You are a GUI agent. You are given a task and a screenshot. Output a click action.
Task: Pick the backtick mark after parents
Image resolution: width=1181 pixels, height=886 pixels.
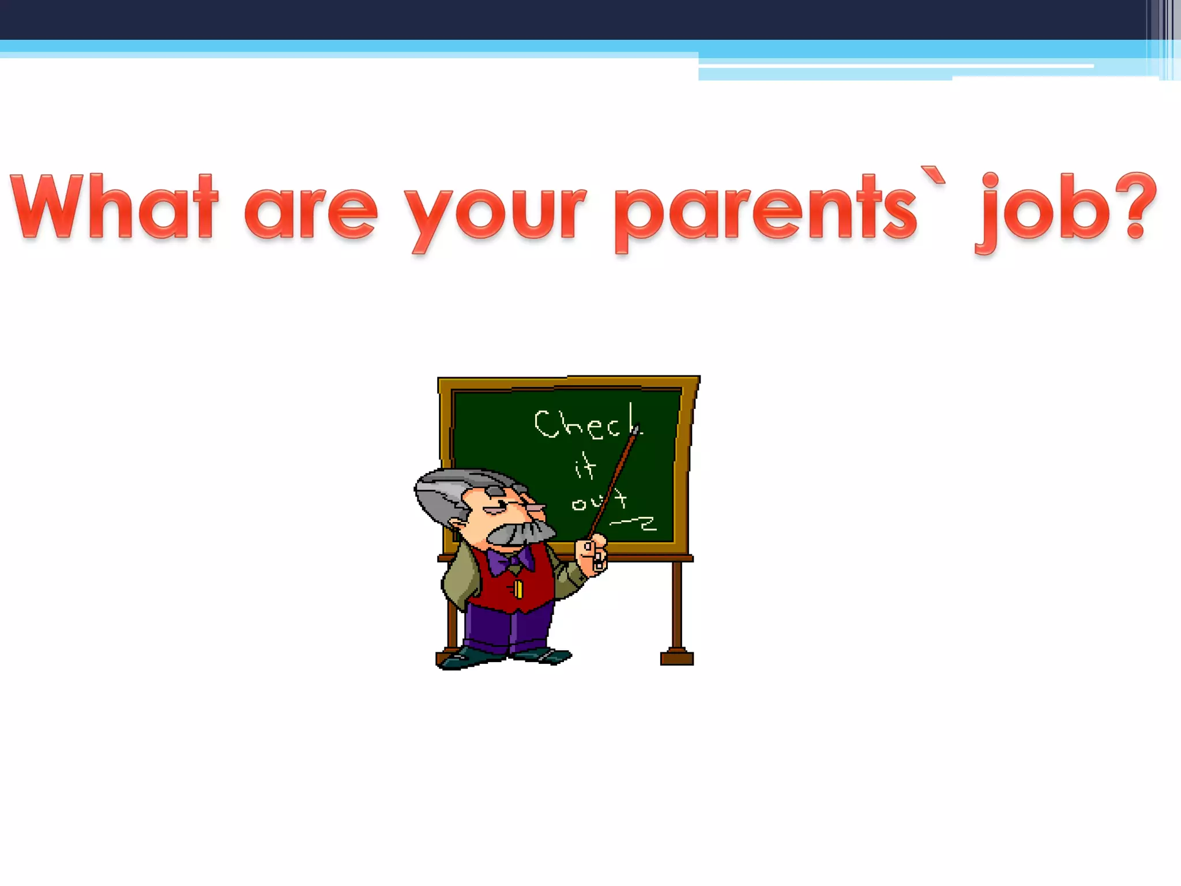(933, 175)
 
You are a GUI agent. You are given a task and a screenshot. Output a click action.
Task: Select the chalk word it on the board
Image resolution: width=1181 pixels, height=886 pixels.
(585, 466)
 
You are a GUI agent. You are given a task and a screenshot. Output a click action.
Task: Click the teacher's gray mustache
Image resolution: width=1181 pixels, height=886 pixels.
(519, 531)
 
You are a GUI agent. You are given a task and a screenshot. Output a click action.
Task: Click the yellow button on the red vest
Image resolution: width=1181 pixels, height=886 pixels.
(518, 589)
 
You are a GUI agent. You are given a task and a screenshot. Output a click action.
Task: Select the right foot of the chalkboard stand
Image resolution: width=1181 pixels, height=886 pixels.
(676, 657)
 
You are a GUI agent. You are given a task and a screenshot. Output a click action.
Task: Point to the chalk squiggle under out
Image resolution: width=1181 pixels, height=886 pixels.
(634, 523)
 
